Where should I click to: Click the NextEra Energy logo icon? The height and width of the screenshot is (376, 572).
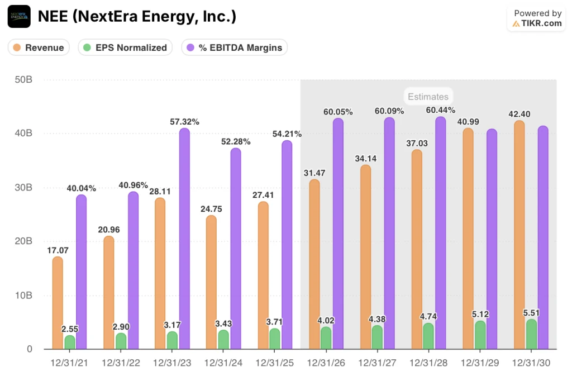pos(19,16)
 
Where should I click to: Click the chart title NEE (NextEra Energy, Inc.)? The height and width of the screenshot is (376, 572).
pos(137,17)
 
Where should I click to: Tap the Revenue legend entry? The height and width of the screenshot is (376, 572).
pos(39,47)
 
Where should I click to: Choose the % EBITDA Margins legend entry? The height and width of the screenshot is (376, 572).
pos(234,47)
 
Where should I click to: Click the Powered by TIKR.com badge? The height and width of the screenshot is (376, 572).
pos(537,18)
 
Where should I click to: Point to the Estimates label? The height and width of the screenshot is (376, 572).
pos(427,97)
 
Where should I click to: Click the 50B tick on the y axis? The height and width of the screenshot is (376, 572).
pos(23,79)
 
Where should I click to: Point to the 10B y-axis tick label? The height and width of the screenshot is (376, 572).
pos(23,295)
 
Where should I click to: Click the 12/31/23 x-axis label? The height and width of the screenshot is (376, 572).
pos(171,363)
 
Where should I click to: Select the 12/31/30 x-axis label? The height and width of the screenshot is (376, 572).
pos(531,363)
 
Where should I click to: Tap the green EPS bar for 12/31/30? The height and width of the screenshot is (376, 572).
pos(532,335)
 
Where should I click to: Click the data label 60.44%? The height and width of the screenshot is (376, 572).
pos(441,110)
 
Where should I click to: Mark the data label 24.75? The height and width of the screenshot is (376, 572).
pos(211,209)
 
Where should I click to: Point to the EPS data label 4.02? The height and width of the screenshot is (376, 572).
pos(326,321)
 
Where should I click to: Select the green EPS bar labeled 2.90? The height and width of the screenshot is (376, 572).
pos(121,341)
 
